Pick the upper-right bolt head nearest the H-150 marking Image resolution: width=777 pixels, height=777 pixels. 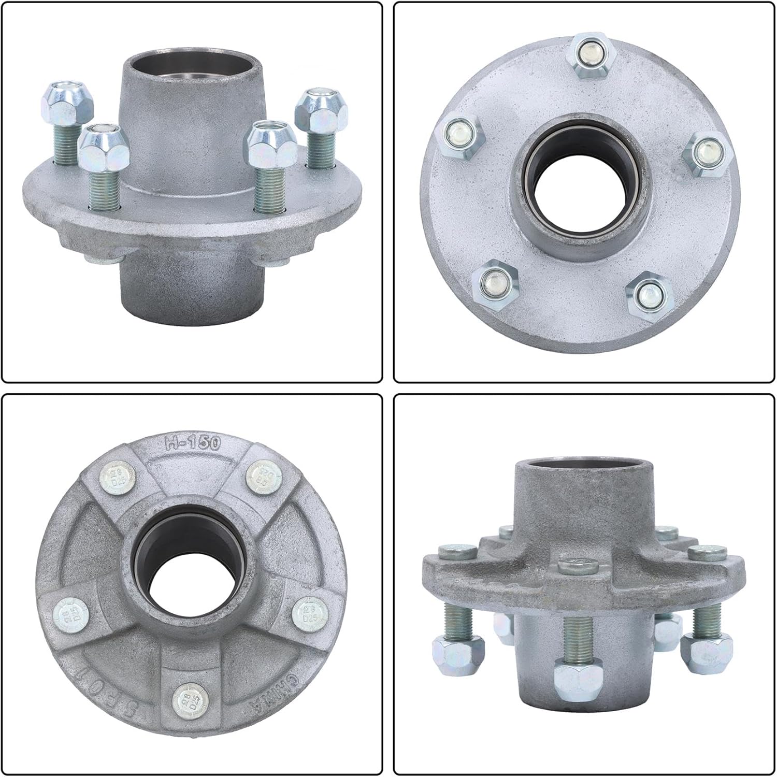click(261, 475)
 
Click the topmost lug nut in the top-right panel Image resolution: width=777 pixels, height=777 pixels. click(593, 54)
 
